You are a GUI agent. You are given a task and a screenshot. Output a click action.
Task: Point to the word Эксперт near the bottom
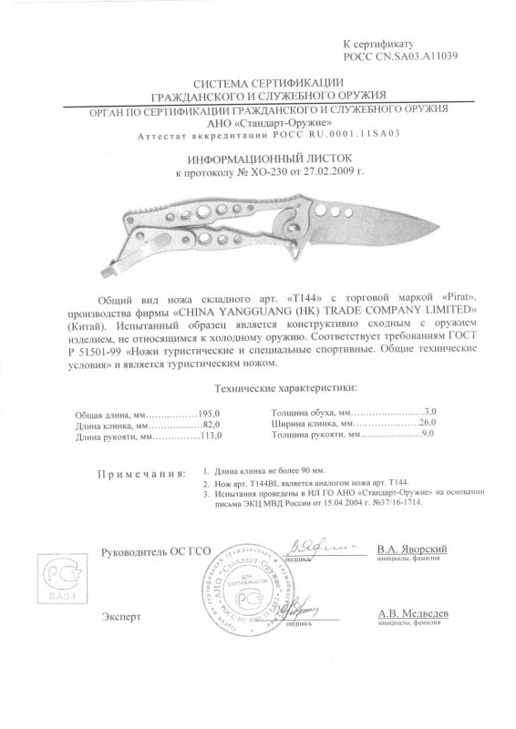click(121, 617)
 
